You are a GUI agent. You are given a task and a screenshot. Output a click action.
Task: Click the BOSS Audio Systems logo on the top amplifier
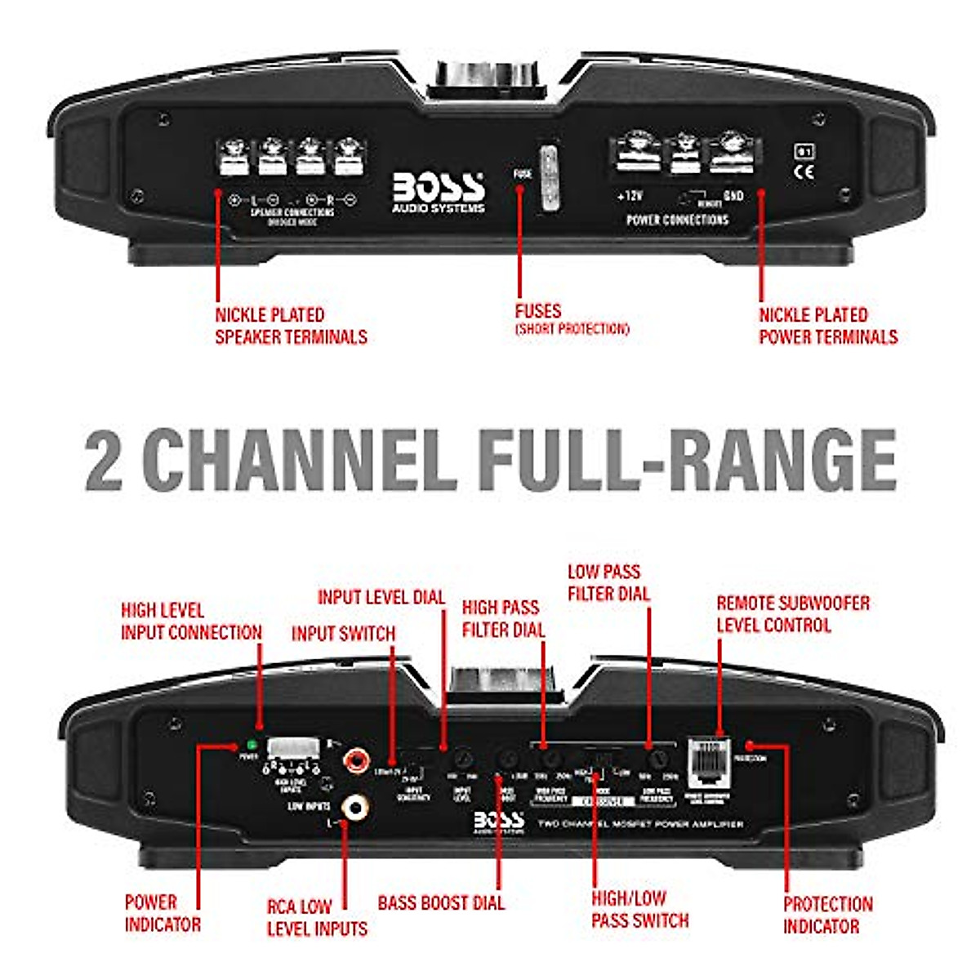(x=439, y=192)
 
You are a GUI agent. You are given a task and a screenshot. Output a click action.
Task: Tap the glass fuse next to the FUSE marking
(x=548, y=177)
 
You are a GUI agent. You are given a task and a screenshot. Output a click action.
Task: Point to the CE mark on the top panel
(x=804, y=171)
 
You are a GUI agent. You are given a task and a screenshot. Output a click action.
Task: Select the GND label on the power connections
(x=733, y=196)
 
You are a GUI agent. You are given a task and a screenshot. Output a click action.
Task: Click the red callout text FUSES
(x=538, y=311)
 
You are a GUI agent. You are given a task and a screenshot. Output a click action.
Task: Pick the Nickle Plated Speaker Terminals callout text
(x=291, y=326)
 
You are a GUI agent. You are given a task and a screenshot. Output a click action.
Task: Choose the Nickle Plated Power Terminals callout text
(x=828, y=326)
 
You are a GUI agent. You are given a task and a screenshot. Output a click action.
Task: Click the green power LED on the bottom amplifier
(x=251, y=745)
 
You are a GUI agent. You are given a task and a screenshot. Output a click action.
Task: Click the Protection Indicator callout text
(x=827, y=915)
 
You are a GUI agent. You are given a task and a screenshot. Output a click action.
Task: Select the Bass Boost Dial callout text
(x=441, y=903)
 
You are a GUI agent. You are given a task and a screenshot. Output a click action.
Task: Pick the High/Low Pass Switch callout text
(x=639, y=909)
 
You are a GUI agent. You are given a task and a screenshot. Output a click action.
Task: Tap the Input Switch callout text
(x=343, y=634)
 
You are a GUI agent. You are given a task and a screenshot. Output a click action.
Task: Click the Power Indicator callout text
(x=163, y=913)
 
